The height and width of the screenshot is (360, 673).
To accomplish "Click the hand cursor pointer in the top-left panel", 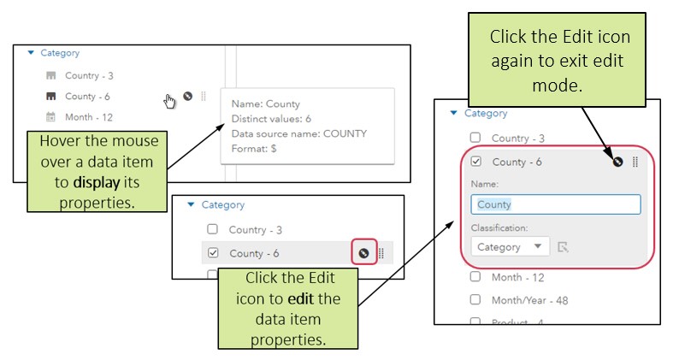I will (169, 101).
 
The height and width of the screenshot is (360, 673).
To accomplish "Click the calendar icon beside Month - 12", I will (50, 117).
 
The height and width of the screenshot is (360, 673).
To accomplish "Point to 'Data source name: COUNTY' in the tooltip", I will (298, 133).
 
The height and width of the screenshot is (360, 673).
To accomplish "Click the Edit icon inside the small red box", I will (363, 253).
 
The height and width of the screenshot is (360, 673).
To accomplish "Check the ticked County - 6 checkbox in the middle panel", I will (214, 253).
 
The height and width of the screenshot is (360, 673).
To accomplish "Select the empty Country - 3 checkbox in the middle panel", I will (214, 229).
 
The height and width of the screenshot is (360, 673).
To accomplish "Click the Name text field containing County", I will (555, 204).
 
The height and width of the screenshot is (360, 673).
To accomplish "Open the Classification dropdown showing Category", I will (510, 246).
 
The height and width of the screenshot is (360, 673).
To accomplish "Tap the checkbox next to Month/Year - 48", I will (476, 300).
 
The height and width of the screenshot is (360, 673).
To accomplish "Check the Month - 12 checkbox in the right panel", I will (476, 277).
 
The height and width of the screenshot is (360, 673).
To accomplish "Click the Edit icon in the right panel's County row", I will (617, 162).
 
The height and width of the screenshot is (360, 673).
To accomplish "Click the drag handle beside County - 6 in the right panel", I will (635, 162).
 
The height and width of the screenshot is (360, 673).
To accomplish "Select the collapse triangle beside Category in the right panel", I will (453, 113).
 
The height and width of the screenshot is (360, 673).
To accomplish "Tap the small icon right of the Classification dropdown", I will (563, 247).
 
